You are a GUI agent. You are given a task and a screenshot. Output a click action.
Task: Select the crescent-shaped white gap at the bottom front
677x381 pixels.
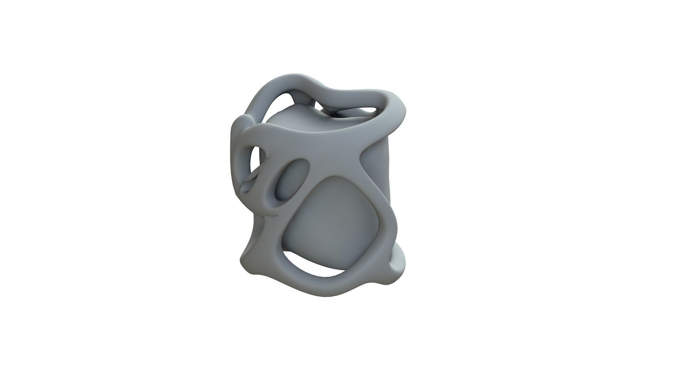[x=314, y=266]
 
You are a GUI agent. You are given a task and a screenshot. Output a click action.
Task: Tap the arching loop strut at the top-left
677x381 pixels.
[x=263, y=95]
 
